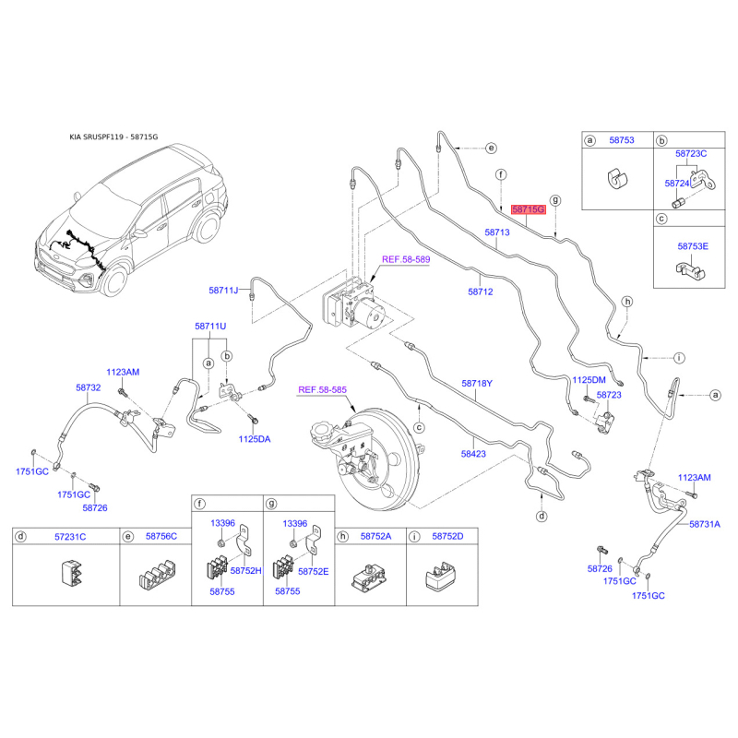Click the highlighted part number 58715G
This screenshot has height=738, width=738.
528,209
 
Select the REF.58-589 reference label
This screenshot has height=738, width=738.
406,259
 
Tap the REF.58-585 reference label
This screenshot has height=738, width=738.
322,389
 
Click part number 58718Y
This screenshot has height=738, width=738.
477,384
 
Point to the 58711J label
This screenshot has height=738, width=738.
223,291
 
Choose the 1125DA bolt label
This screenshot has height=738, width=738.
255,439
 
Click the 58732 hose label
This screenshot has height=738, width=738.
88,387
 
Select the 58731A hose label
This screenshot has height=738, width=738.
705,524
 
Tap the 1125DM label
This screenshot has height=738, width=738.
589,380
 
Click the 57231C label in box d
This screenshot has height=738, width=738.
70,537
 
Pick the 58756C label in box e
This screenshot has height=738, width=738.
161,536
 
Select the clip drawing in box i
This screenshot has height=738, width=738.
441,576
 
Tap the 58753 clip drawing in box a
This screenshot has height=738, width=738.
617,178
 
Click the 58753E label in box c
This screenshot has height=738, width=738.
693,246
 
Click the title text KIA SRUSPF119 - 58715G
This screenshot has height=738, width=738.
113,137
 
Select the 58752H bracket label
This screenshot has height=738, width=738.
245,571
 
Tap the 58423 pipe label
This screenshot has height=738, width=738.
473,454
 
